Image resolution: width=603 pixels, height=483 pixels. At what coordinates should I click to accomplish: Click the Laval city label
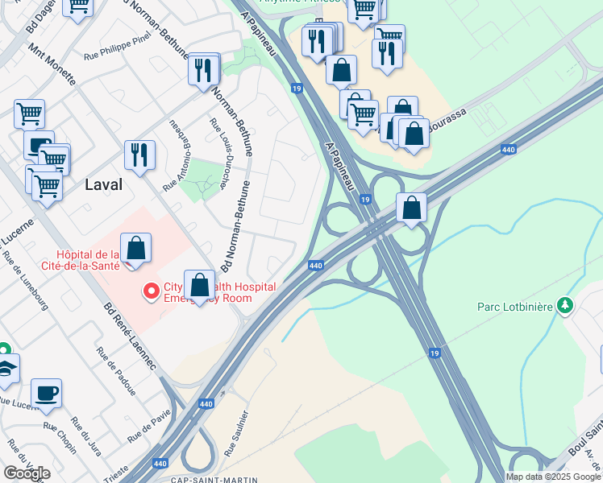[103, 184]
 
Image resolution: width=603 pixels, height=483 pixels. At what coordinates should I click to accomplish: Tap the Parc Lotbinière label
[515, 307]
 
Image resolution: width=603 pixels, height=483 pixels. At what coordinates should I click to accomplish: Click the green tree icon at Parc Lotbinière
[567, 305]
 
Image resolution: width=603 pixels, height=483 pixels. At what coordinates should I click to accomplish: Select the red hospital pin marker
[150, 291]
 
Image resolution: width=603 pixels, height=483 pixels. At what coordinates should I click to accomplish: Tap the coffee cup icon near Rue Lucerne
[46, 393]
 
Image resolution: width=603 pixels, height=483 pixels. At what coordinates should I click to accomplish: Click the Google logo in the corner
[27, 473]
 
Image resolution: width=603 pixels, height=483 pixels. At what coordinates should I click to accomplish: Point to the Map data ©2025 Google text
[553, 477]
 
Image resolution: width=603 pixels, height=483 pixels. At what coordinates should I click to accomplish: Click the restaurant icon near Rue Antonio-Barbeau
[139, 155]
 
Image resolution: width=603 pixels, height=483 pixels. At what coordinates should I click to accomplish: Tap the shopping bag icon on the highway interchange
[411, 208]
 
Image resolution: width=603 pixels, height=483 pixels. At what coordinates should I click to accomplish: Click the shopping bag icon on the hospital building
[136, 248]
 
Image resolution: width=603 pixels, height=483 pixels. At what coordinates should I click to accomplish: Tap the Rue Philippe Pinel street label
[119, 57]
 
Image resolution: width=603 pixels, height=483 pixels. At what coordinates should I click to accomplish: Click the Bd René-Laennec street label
[131, 336]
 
